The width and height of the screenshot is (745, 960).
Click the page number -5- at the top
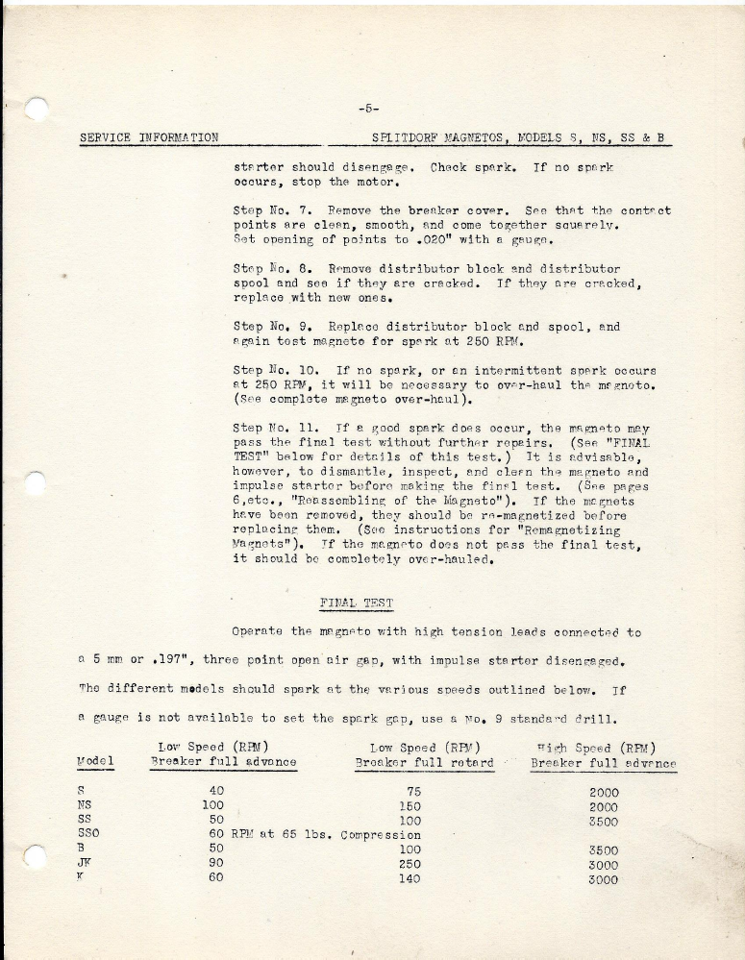point(368,108)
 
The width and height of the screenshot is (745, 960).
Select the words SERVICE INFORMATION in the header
point(148,137)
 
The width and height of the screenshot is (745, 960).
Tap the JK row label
point(85,863)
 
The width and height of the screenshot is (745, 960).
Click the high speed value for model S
point(603,793)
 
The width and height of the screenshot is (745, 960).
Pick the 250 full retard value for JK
point(409,863)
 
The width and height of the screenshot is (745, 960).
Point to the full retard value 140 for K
point(409,877)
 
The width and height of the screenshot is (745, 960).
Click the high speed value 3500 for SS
point(603,822)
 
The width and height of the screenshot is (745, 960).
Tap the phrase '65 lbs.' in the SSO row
point(304,834)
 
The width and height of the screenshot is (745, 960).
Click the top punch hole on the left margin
point(37,109)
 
